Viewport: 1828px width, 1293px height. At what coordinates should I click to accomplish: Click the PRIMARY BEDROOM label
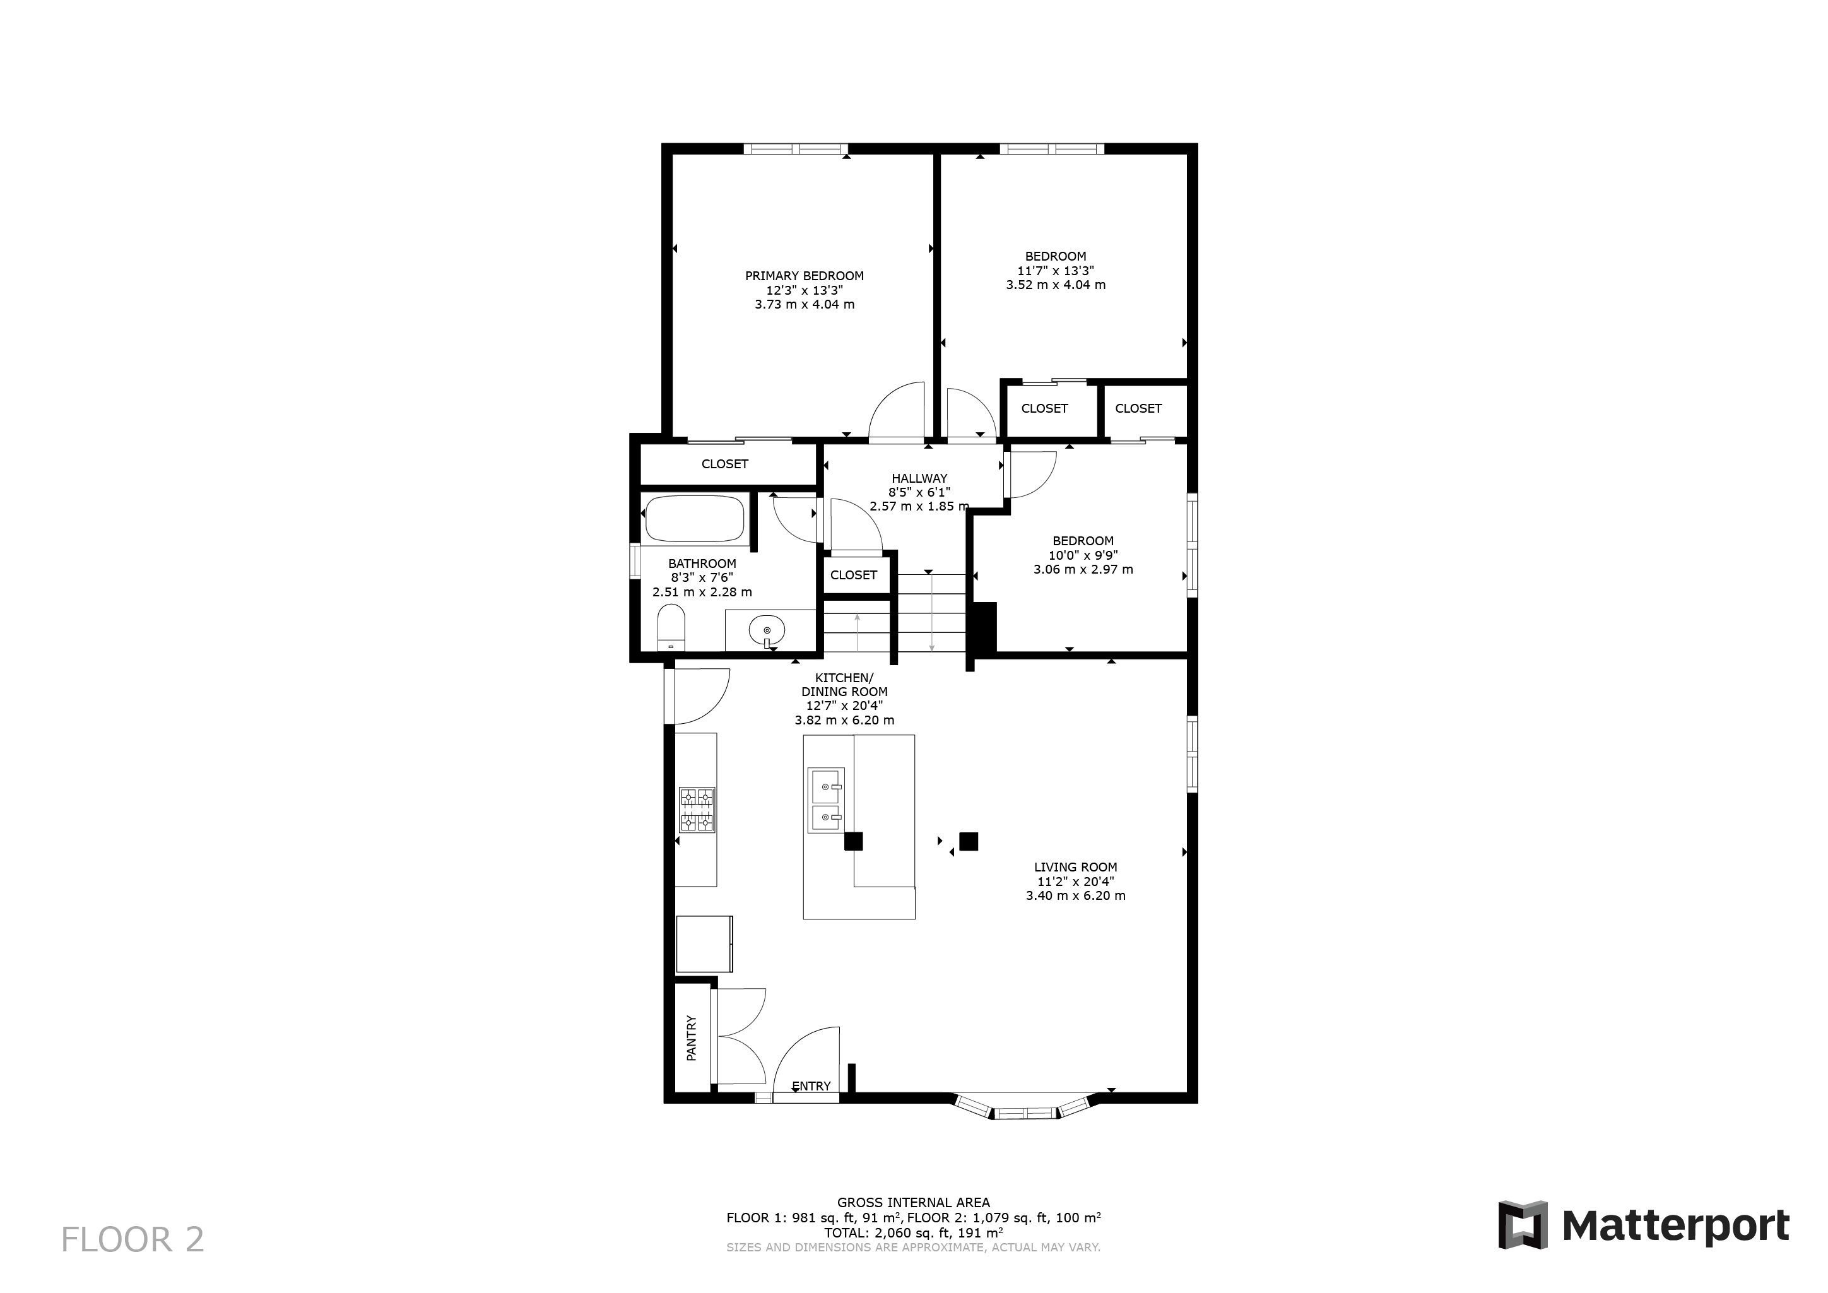(804, 276)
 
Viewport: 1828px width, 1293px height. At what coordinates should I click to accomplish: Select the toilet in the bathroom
(671, 627)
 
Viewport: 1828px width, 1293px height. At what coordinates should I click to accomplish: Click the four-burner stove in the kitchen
(697, 810)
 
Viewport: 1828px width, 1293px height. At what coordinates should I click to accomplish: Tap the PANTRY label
(691, 1037)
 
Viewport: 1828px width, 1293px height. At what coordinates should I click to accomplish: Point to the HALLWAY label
(919, 478)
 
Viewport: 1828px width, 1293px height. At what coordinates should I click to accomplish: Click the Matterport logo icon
(1523, 1224)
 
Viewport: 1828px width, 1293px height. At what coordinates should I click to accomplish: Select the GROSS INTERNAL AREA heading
(913, 1203)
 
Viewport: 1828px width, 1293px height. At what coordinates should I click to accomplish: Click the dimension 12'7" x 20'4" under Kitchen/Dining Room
(844, 706)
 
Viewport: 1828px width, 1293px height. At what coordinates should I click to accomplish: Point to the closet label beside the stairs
(854, 575)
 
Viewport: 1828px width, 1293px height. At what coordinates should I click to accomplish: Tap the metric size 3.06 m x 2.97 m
(1083, 569)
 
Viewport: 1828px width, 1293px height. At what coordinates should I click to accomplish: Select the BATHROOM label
(702, 564)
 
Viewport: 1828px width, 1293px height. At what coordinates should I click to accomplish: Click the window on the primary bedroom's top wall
(796, 148)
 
